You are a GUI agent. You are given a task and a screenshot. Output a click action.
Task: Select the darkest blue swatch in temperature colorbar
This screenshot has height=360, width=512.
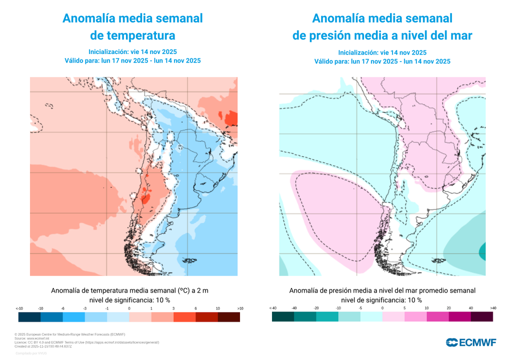pos(29,317)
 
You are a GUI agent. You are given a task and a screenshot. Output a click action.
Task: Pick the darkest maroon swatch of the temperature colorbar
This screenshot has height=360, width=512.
pos(229,317)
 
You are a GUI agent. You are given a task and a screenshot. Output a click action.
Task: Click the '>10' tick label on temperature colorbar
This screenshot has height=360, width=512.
pos(240,308)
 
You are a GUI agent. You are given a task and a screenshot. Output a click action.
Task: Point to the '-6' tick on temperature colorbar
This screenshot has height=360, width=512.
pos(62,308)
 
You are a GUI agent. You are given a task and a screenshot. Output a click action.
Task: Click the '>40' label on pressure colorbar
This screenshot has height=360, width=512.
pos(493,308)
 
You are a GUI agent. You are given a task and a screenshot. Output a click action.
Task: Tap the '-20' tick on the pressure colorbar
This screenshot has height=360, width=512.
pos(316,308)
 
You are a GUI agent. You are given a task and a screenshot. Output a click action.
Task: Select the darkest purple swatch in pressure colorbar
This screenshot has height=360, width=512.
pos(482,317)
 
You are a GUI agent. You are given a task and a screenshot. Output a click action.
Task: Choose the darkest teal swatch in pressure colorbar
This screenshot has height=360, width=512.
pos(283,317)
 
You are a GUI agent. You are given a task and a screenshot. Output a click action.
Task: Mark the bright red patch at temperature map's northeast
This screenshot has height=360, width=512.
pos(231,118)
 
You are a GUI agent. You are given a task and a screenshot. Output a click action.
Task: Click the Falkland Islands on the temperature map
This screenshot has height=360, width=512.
pos(188,260)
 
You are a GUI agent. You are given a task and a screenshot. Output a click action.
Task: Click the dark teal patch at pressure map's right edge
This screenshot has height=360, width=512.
pos(483,249)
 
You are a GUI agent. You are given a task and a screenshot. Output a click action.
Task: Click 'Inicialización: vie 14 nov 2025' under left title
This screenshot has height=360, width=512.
pos(132,52)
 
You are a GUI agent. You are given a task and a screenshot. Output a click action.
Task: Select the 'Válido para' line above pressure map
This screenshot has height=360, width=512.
pos(382,61)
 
